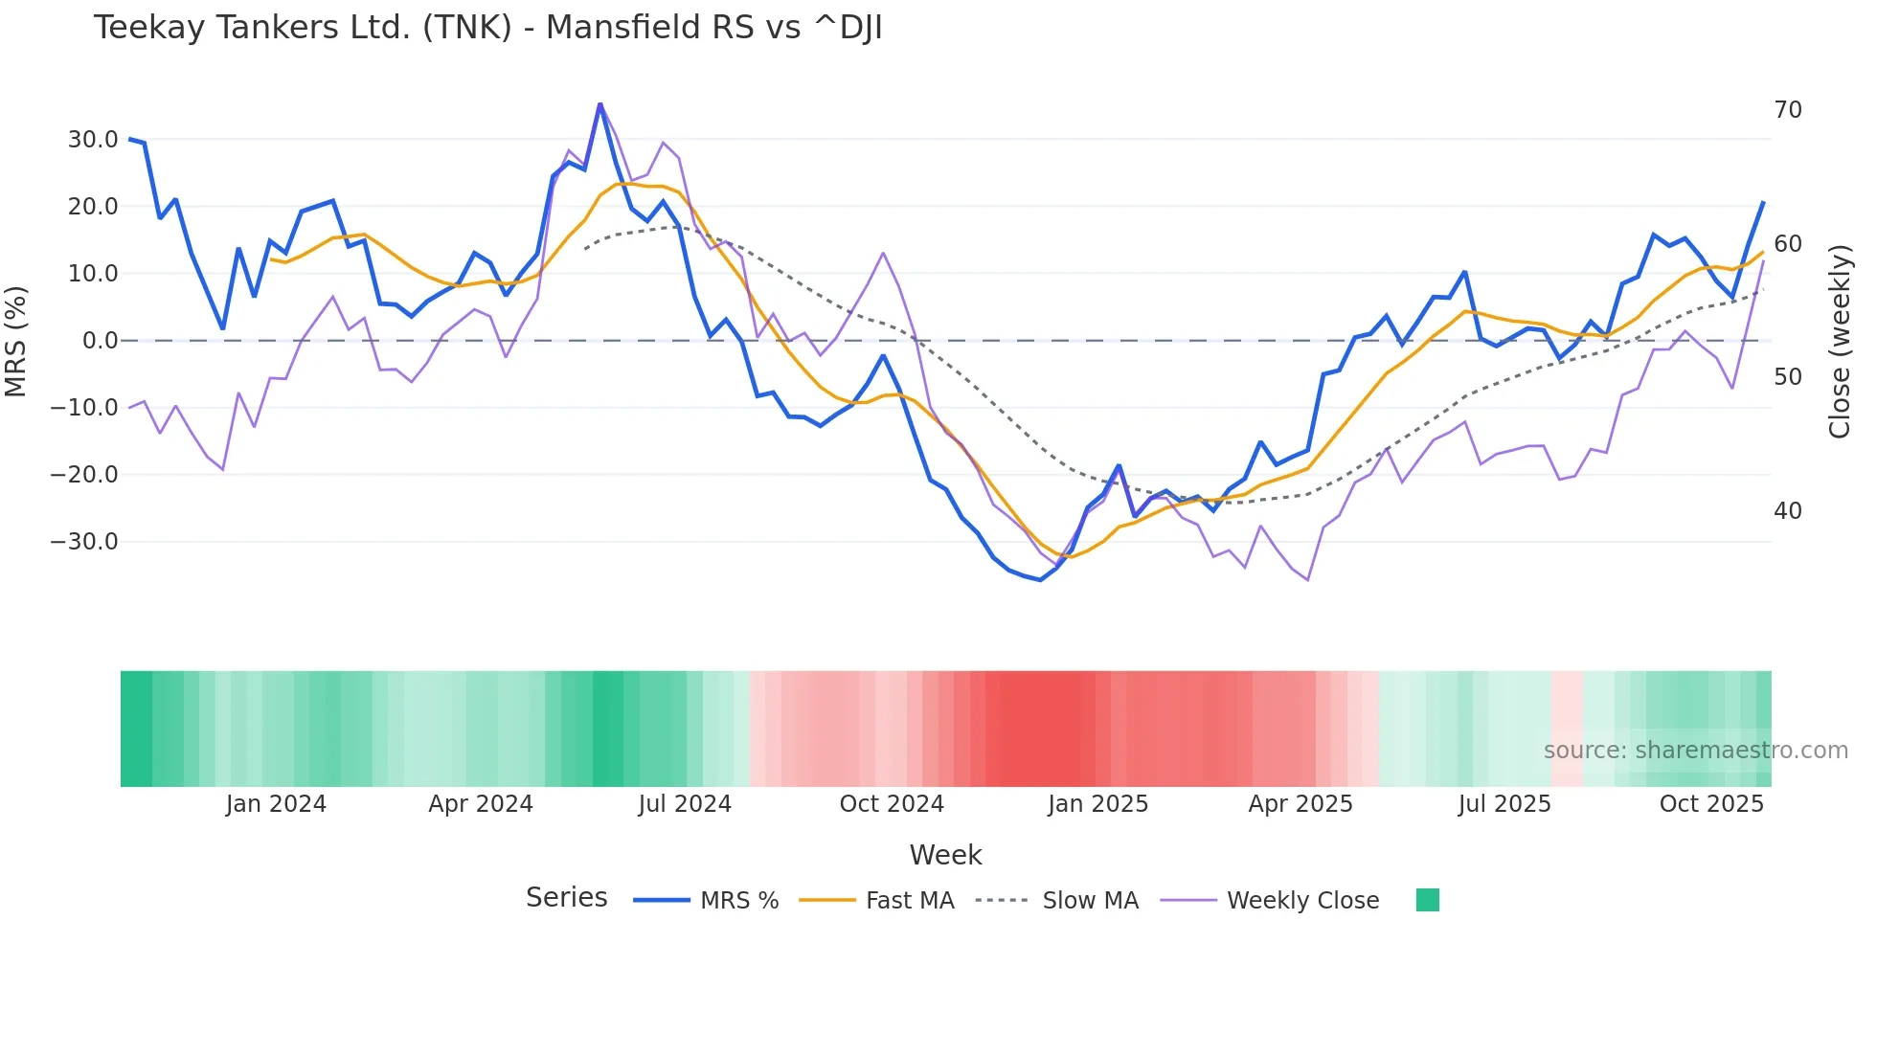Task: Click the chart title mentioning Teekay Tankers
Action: click(x=487, y=28)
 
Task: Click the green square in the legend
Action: click(x=1427, y=900)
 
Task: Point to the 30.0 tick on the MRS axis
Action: click(x=93, y=140)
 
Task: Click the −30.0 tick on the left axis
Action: click(x=84, y=542)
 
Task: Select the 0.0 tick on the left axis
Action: click(x=100, y=341)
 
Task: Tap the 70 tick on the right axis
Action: click(x=1787, y=110)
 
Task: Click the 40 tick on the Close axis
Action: click(x=1787, y=511)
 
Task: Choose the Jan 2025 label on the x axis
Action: click(x=1097, y=804)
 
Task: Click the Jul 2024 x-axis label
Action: click(x=685, y=804)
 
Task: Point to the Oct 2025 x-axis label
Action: click(x=1711, y=804)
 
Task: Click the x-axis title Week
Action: click(x=945, y=855)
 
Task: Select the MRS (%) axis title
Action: click(x=16, y=341)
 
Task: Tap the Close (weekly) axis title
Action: click(x=1839, y=341)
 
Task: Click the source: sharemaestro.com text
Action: click(x=1695, y=751)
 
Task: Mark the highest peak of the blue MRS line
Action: click(x=600, y=103)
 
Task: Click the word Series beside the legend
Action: click(x=566, y=898)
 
